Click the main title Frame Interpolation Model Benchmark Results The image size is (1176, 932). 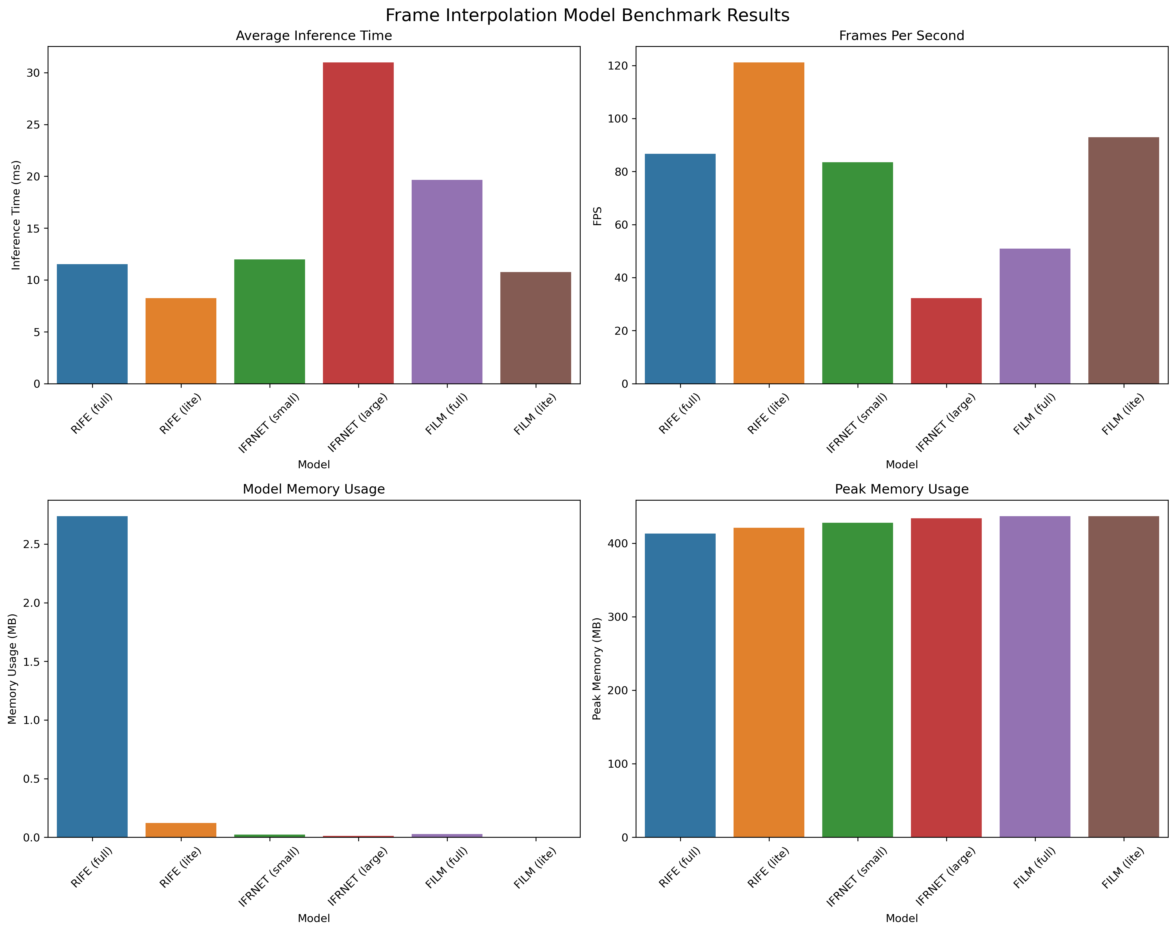pyautogui.click(x=587, y=15)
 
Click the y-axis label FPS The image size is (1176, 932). pyautogui.click(x=598, y=215)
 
